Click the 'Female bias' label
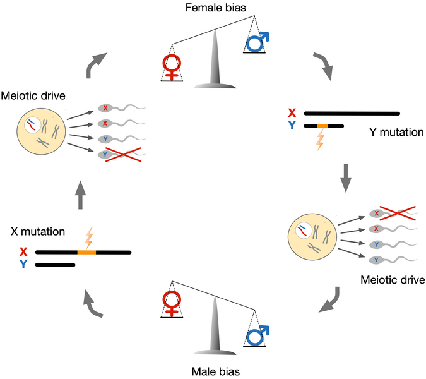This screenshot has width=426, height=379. tap(213, 8)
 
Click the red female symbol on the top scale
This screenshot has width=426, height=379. tap(172, 66)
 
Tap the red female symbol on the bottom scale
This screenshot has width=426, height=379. tap(172, 304)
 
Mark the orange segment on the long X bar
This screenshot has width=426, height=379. tap(86, 253)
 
